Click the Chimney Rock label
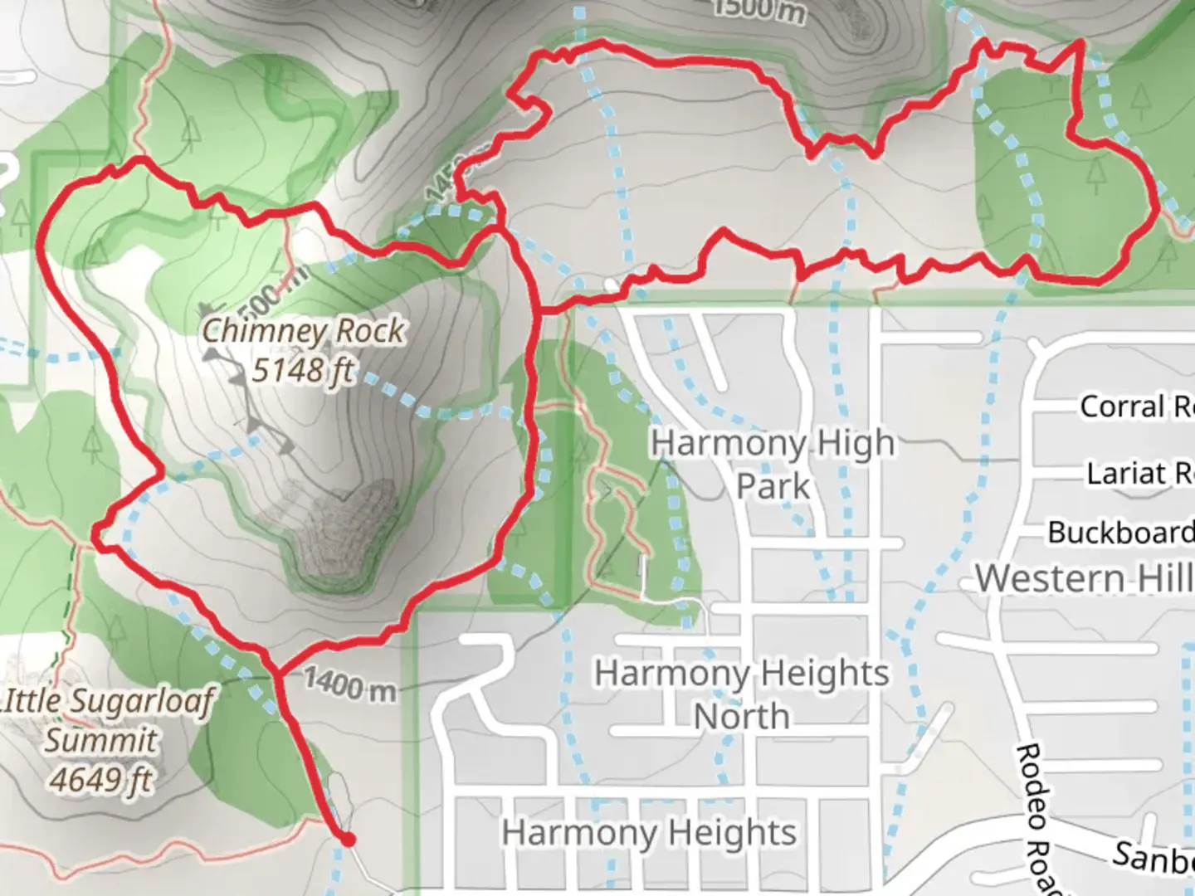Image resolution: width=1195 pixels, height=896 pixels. tap(304, 331)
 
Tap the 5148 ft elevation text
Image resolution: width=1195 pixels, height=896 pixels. tap(303, 369)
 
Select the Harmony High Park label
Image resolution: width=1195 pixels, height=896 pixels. tap(773, 464)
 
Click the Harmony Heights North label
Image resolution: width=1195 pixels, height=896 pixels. tap(741, 694)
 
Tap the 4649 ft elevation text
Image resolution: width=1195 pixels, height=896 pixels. tap(101, 779)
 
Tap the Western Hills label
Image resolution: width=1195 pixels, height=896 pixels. tap(1084, 578)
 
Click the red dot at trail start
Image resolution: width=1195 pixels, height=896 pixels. tap(348, 840)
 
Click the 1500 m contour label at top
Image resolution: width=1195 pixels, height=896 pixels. tap(758, 10)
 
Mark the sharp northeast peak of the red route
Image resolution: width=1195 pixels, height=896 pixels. tap(1080, 41)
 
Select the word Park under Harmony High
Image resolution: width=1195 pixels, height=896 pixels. tap(773, 486)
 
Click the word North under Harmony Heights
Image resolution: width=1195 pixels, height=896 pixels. tap(741, 716)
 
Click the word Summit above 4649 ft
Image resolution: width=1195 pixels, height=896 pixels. tap(101, 739)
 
